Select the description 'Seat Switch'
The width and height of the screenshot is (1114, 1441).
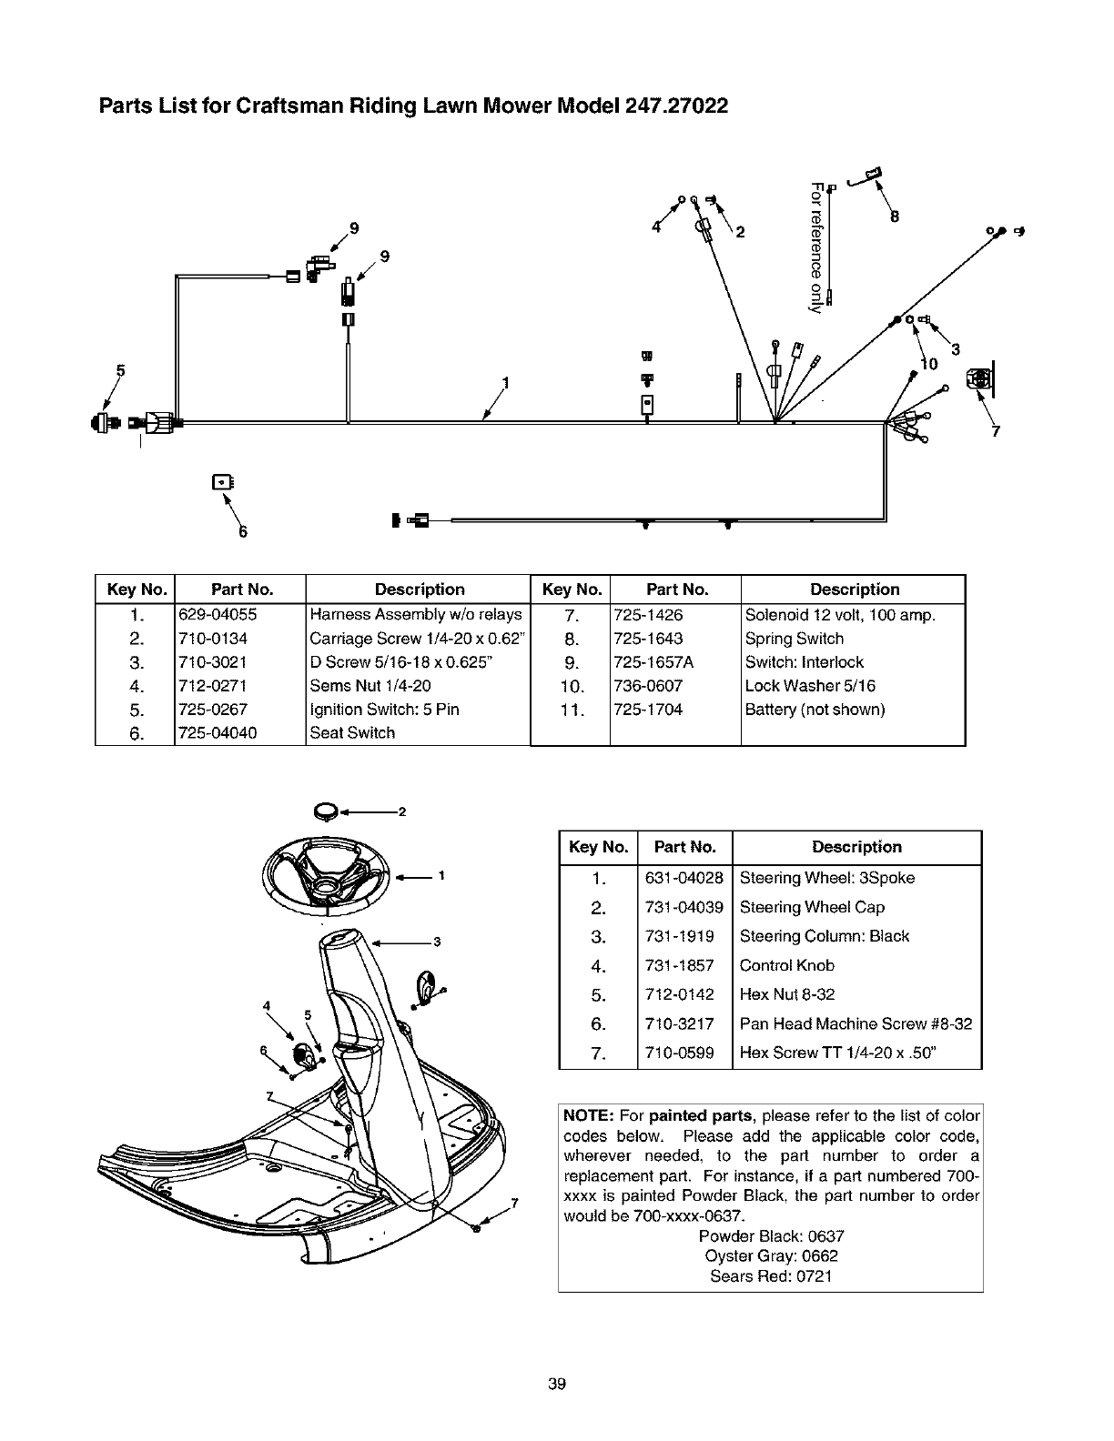click(x=352, y=733)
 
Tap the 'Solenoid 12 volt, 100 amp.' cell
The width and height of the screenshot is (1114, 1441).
click(x=839, y=615)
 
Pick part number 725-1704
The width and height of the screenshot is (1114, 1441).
click(x=648, y=710)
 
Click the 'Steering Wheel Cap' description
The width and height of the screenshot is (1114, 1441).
click(x=812, y=907)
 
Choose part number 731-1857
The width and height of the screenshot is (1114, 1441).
click(x=679, y=965)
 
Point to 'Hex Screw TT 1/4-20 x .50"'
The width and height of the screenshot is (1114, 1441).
click(x=838, y=1053)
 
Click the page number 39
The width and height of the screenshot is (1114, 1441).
click(x=557, y=1386)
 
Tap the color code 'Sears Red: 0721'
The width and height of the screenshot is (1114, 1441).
click(x=771, y=1276)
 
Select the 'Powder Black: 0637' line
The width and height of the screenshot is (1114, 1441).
click(x=771, y=1236)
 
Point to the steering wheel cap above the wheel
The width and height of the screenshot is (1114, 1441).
click(x=325, y=810)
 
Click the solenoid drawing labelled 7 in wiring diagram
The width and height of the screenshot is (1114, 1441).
click(x=979, y=379)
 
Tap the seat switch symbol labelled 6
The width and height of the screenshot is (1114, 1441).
click(x=221, y=482)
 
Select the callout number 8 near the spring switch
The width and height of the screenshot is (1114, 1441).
click(x=895, y=217)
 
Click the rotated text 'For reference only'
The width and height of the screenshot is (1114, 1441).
click(x=817, y=247)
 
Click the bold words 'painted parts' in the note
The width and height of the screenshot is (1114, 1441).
click(x=712, y=1116)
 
